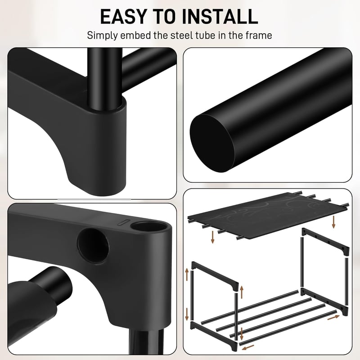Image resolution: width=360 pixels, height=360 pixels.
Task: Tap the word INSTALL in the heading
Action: pyautogui.click(x=220, y=17)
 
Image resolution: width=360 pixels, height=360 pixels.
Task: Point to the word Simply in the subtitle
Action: pyautogui.click(x=103, y=36)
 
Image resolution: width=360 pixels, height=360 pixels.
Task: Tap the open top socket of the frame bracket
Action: pyautogui.click(x=148, y=227)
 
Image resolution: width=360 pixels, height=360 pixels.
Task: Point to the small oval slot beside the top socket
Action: pyautogui.click(x=123, y=222)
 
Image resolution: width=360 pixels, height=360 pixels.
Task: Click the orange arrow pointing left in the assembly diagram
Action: pyautogui.click(x=248, y=347)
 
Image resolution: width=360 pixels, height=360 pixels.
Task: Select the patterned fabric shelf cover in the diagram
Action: pyautogui.click(x=267, y=216)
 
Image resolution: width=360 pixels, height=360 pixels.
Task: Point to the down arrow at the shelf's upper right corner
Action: pyautogui.click(x=333, y=222)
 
